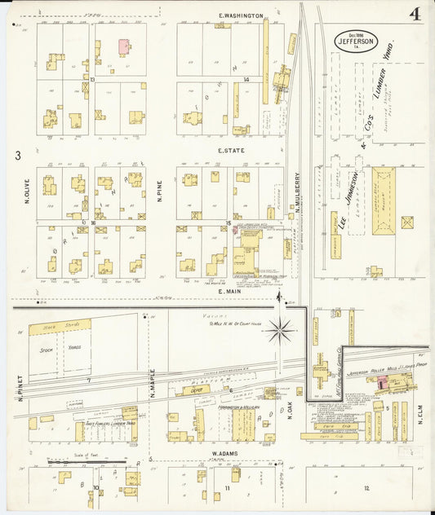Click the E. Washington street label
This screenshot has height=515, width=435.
point(241,15)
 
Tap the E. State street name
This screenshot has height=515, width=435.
point(232,151)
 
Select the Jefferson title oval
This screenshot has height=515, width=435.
point(355,40)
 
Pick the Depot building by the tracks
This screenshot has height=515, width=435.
point(192,390)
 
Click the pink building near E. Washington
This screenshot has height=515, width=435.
point(124,47)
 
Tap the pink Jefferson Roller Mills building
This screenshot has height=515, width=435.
point(382,381)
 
